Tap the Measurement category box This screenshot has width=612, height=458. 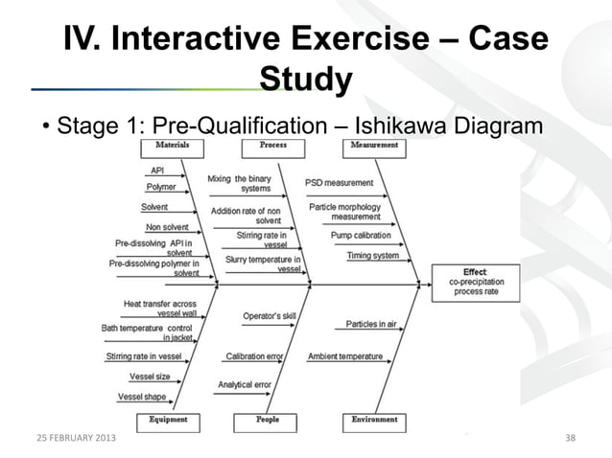click(x=374, y=146)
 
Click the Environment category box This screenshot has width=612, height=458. click(x=374, y=420)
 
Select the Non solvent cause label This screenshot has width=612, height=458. click(x=166, y=227)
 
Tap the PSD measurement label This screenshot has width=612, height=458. click(x=339, y=182)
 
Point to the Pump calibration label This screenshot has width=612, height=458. click(x=361, y=235)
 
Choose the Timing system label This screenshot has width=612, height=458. click(x=372, y=256)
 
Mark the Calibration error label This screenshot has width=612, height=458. click(x=254, y=356)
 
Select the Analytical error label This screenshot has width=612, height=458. click(x=244, y=384)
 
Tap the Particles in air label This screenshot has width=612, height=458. click(x=371, y=324)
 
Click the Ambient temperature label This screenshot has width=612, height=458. click(x=345, y=356)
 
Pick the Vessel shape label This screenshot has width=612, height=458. click(x=142, y=396)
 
